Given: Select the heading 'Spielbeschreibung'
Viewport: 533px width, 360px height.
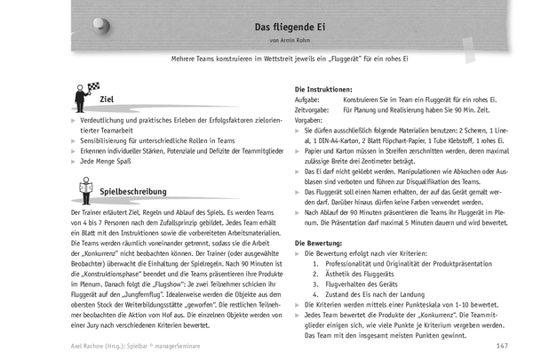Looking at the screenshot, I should (135, 191).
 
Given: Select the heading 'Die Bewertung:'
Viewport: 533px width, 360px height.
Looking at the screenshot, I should (322, 244).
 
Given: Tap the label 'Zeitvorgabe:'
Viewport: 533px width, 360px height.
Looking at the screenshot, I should (314, 111).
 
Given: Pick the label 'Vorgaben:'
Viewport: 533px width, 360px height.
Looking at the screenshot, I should (310, 121).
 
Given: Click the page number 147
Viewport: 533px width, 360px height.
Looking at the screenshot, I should (502, 346).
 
